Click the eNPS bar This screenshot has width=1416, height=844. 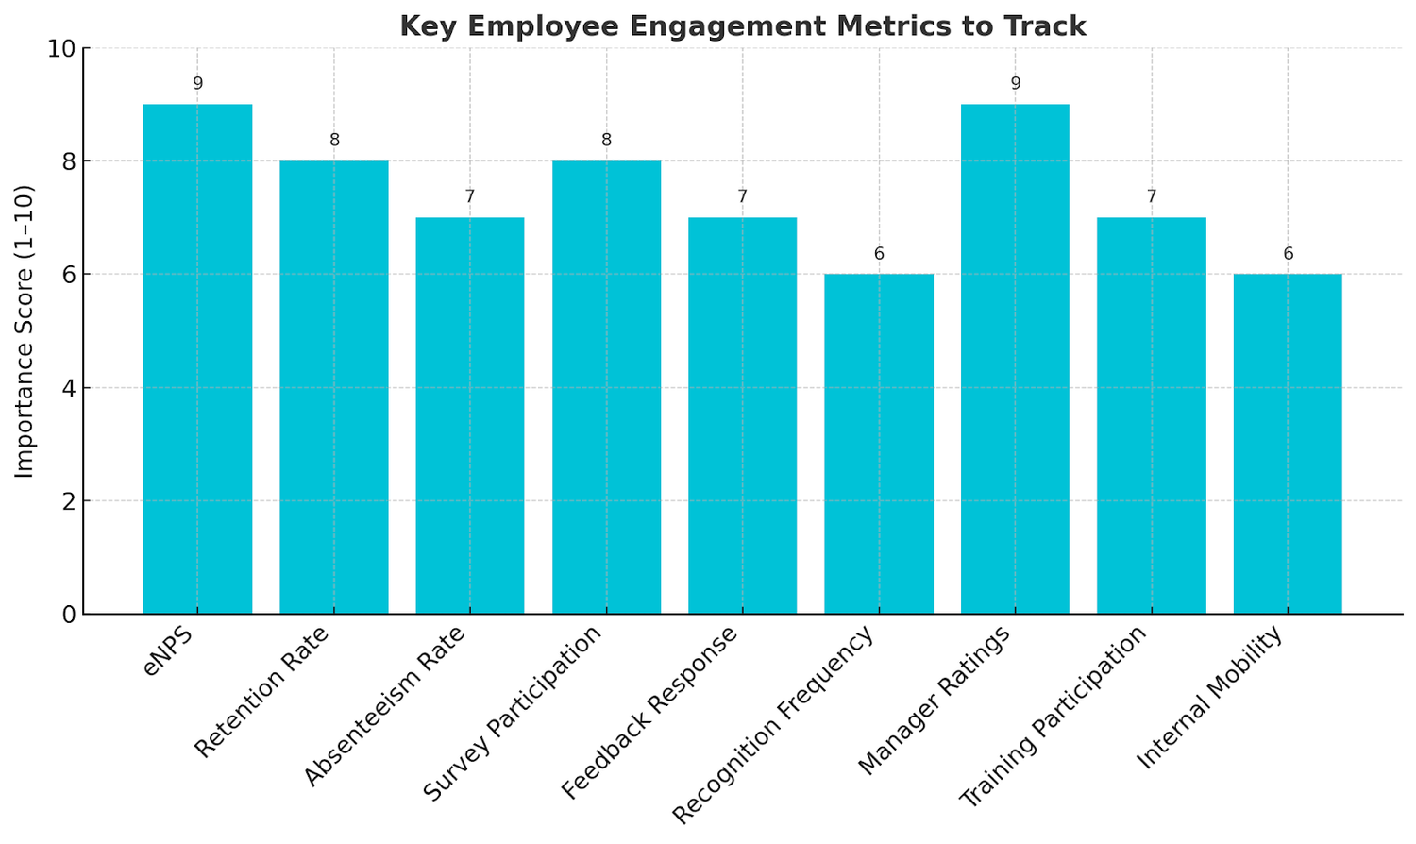[x=197, y=359]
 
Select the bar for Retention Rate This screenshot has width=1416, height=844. [x=334, y=387]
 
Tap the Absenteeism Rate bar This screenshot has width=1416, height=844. [x=470, y=415]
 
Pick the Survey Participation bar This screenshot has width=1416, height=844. [x=606, y=387]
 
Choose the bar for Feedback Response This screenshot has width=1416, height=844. [x=743, y=415]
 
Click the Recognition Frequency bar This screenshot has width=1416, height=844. [x=879, y=444]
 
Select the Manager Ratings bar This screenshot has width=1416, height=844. [x=1015, y=359]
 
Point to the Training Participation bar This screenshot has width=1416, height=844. [x=1152, y=415]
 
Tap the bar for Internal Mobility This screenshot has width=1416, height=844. [x=1288, y=444]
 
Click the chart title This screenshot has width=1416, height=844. [x=743, y=25]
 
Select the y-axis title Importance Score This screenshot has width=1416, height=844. [x=25, y=330]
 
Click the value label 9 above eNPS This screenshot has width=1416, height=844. [x=197, y=84]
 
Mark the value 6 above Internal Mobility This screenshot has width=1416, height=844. [x=1288, y=254]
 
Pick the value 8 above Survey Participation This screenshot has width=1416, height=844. [x=606, y=141]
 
